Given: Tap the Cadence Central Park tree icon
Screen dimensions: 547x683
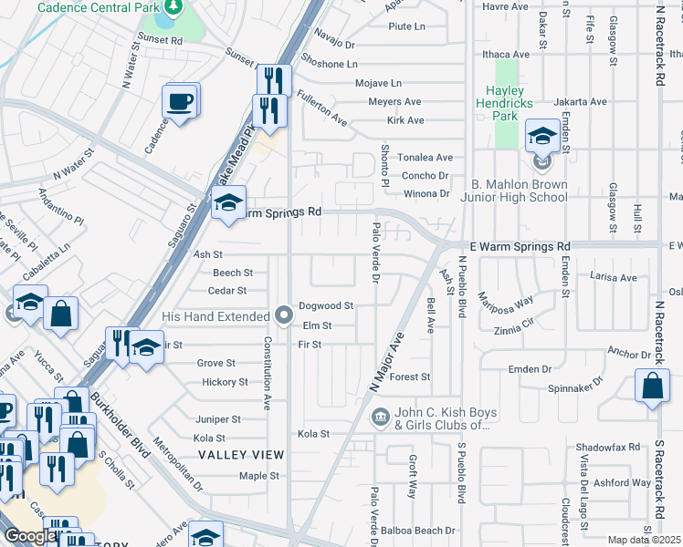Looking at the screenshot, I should pyautogui.click(x=169, y=13).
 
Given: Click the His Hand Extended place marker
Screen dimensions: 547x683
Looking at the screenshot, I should pyautogui.click(x=283, y=315).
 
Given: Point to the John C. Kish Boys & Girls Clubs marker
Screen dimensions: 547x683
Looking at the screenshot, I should pyautogui.click(x=380, y=418).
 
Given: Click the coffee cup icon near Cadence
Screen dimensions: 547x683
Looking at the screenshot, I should pyautogui.click(x=180, y=100).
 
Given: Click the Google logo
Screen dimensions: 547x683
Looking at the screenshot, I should pyautogui.click(x=30, y=536).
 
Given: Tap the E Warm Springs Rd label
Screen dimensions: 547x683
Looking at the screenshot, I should pyautogui.click(x=519, y=247).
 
